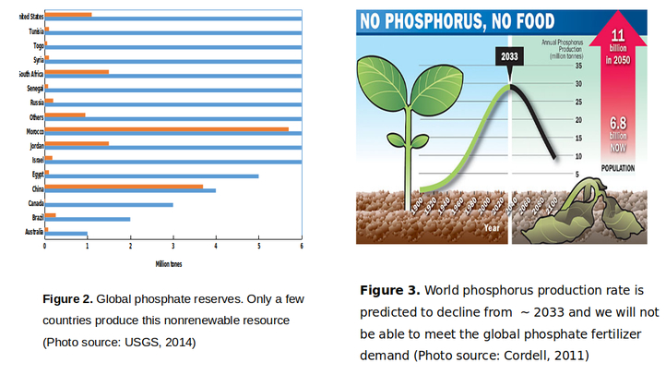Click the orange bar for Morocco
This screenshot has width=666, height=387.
point(166,128)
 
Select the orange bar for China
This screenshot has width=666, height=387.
point(124,186)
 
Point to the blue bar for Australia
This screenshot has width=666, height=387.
point(65,233)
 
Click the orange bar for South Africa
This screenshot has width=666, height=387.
point(77,71)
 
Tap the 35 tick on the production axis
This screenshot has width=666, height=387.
point(578,66)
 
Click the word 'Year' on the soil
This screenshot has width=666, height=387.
point(492,225)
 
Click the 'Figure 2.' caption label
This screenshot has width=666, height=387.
point(67,299)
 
